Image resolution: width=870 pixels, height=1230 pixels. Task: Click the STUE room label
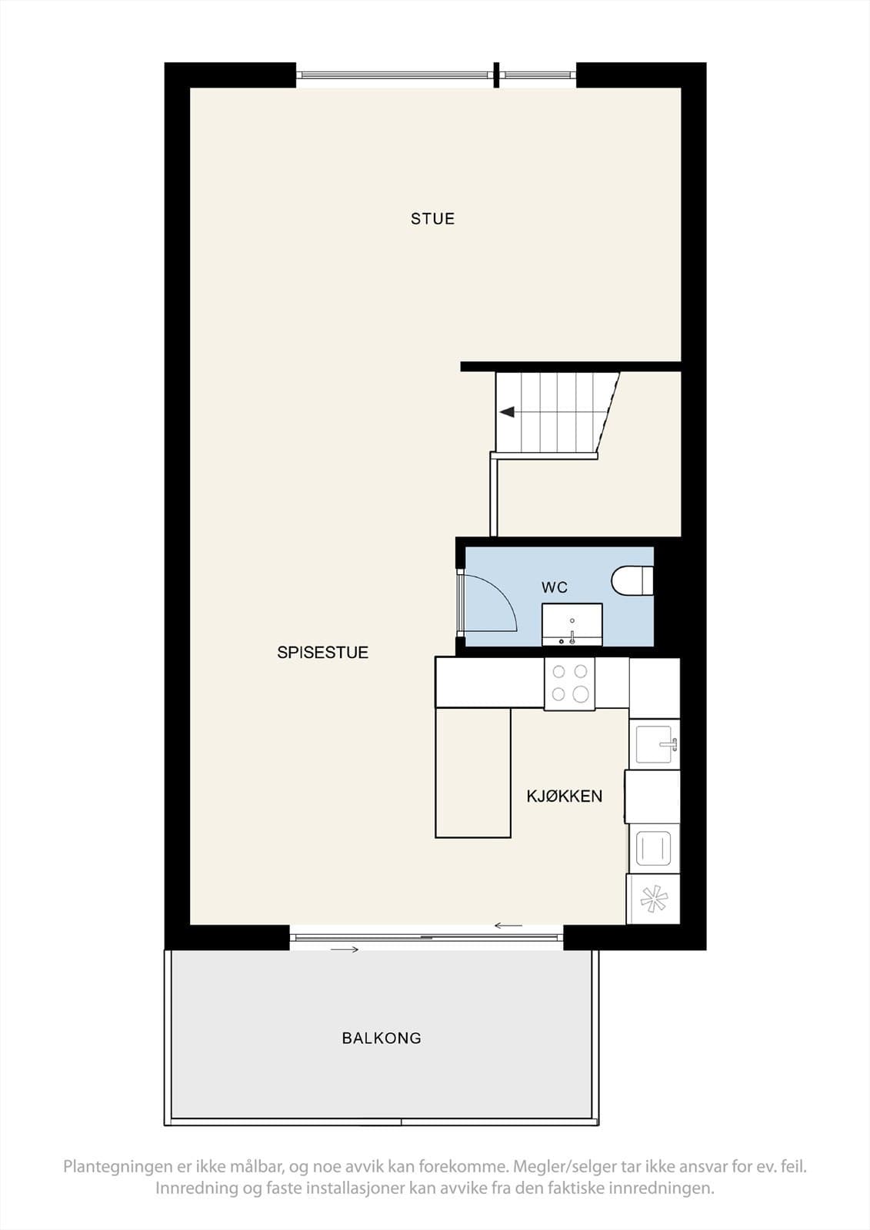tap(432, 218)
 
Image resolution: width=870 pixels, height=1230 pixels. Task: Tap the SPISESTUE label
tap(322, 653)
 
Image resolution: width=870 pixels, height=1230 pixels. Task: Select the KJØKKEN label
tap(565, 796)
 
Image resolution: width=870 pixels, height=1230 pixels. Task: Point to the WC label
tap(554, 587)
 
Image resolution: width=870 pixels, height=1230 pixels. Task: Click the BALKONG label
tap(382, 1038)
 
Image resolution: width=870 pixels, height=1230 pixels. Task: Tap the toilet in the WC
tap(632, 581)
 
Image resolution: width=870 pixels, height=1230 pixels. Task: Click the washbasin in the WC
tap(572, 624)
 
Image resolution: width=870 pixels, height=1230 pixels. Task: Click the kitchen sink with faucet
tap(655, 745)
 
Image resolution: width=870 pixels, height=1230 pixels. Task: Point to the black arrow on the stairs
tap(507, 411)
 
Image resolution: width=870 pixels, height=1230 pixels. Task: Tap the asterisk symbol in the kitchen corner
tap(654, 900)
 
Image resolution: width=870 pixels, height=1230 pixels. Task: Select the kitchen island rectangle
tap(473, 773)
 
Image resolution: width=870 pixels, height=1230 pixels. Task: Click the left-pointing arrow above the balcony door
tap(508, 926)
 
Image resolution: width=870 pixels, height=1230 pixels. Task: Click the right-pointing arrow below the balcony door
tap(345, 949)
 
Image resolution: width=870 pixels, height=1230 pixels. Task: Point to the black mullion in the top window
tap(496, 75)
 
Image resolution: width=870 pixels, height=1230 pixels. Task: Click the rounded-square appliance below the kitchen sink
tap(653, 848)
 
